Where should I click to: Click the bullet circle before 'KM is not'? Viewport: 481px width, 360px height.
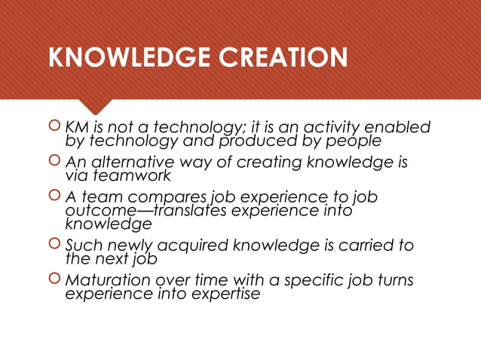pyautogui.click(x=54, y=127)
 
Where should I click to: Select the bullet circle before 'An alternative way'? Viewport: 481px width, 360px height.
pyautogui.click(x=54, y=163)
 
